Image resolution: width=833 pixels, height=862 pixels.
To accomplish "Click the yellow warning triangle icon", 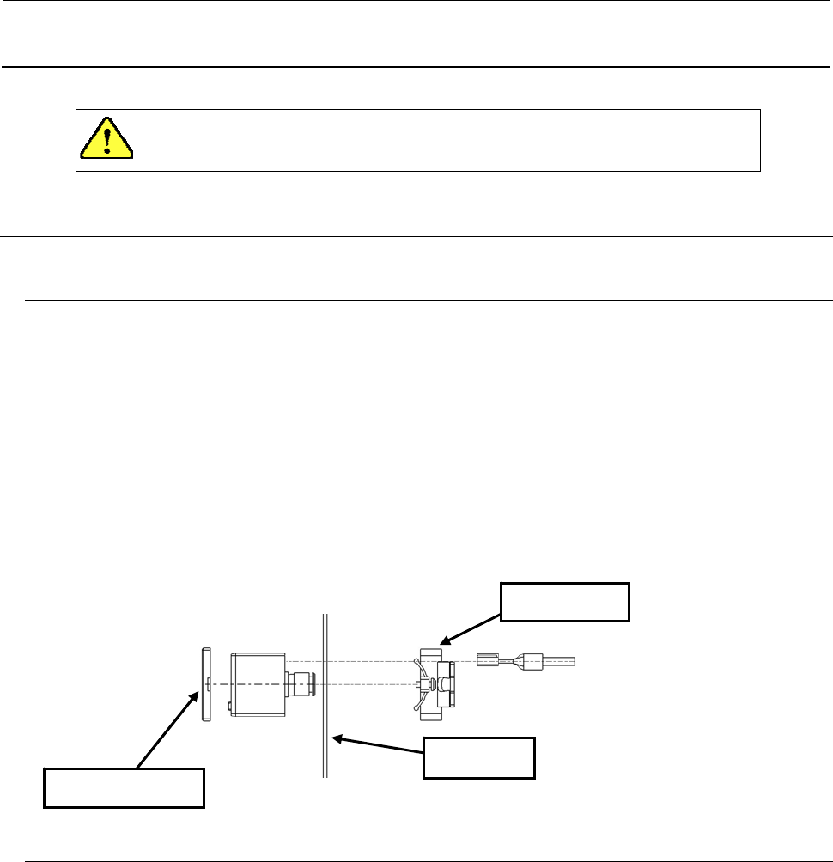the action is [106, 138].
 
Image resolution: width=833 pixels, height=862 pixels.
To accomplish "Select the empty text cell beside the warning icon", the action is [482, 140].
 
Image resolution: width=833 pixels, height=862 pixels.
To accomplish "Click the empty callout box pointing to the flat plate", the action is [124, 788].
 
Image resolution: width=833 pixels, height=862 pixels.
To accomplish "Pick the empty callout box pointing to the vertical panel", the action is [479, 757].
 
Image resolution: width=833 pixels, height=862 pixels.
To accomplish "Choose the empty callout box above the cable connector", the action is [565, 603].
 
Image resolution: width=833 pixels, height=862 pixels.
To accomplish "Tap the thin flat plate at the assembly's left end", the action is [204, 683].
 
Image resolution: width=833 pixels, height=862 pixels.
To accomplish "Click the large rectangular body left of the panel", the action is [258, 683].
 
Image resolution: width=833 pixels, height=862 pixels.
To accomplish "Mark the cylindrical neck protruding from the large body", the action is [301, 683].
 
